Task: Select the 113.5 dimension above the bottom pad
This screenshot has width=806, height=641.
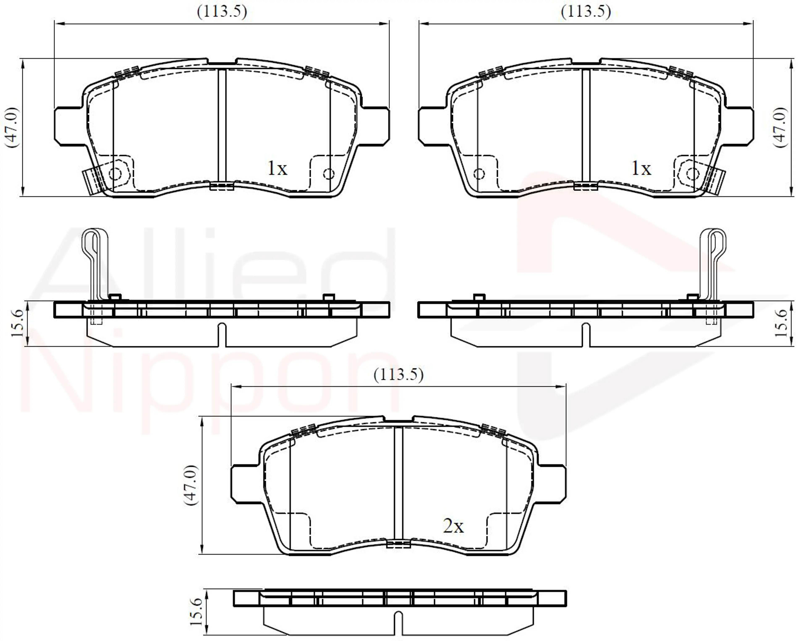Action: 399,374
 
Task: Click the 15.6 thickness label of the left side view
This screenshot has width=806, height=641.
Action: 18,323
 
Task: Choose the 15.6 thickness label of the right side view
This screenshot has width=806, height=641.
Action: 781,323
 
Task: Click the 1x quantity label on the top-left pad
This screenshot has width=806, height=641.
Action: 277,169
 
